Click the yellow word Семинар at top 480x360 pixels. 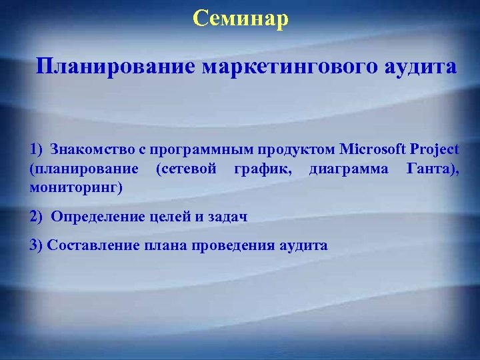pyautogui.click(x=241, y=18)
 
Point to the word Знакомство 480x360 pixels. pyautogui.click(x=85, y=148)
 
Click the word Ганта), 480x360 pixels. pyautogui.click(x=433, y=169)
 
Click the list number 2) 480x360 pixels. pyautogui.click(x=37, y=217)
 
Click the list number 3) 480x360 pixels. pyautogui.click(x=36, y=245)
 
